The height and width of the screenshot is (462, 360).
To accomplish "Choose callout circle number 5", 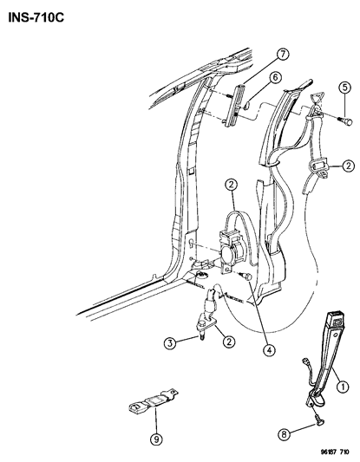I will tap(344, 110).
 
